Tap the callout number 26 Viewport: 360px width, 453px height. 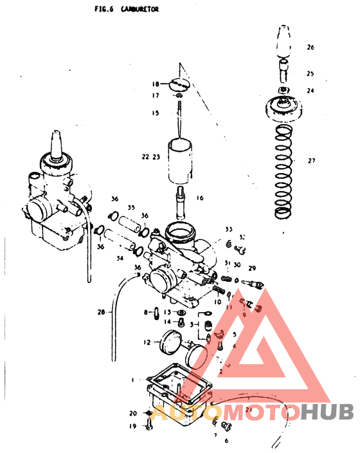[310, 48]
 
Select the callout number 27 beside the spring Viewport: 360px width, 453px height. [312, 161]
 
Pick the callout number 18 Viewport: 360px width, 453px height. [156, 84]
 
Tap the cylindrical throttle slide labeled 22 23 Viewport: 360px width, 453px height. [182, 161]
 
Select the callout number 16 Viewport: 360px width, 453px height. [200, 198]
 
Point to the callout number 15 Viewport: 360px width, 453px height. [155, 113]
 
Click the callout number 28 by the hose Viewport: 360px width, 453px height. [100, 313]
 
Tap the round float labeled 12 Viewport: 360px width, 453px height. [171, 341]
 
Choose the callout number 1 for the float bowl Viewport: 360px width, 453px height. [132, 380]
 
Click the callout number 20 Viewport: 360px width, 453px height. [133, 413]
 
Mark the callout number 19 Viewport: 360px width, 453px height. [133, 426]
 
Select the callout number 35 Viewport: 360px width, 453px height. [131, 208]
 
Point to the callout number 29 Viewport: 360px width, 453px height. [252, 266]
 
